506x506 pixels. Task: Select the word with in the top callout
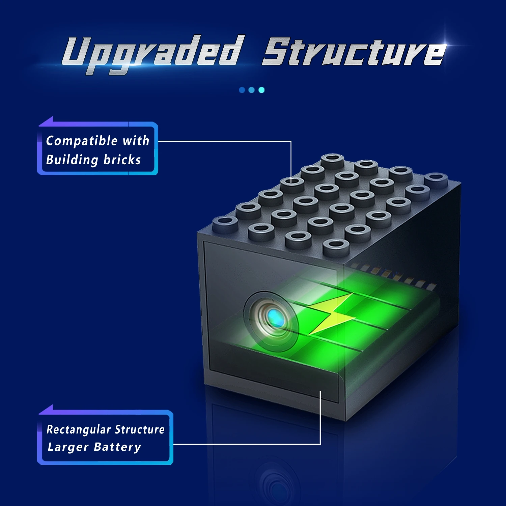click(136, 140)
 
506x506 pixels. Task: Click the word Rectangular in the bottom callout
click(78, 429)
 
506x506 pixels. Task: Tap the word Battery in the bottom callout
click(117, 447)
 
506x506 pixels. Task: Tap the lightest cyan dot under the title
click(261, 90)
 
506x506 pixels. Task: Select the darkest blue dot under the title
click(242, 90)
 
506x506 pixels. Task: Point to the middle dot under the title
click(251, 90)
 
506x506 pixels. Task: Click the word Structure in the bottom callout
click(139, 429)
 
